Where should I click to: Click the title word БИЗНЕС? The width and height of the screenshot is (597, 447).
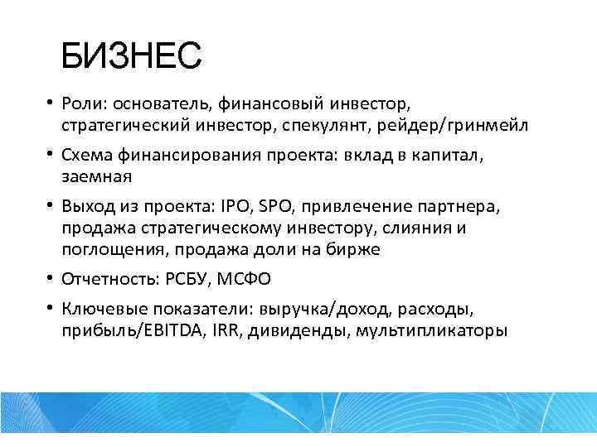131,57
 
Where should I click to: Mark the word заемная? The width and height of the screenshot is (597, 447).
96,175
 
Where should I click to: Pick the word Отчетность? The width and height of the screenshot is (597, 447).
112,279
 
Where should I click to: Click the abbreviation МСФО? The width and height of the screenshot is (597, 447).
247,279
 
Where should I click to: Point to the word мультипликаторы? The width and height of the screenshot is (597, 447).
437,330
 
